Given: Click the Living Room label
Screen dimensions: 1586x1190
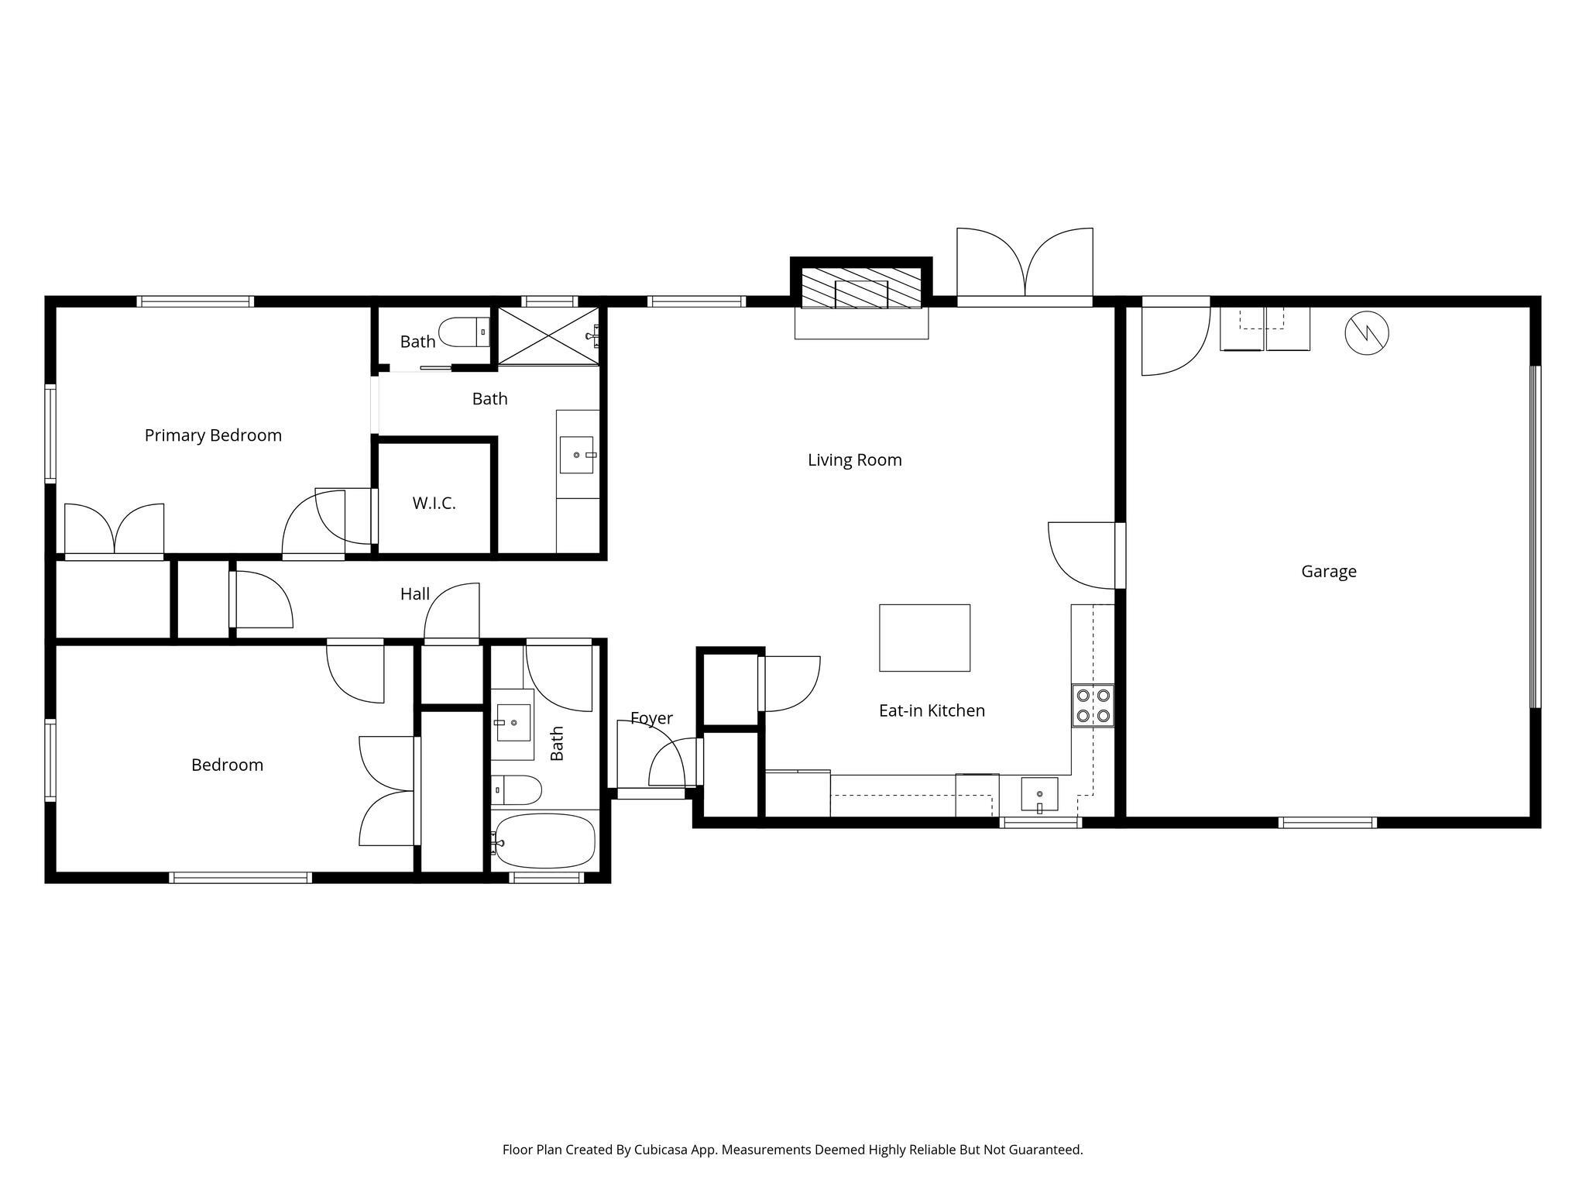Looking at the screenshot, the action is (x=855, y=460).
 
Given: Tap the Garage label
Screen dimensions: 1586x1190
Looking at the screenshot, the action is (x=1329, y=572).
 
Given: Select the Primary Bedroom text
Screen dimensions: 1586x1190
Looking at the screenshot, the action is (x=213, y=435).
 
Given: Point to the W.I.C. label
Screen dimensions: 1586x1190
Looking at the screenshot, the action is (x=434, y=504).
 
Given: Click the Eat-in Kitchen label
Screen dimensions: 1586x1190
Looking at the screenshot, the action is (x=932, y=710).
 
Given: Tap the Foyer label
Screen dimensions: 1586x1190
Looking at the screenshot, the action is (x=651, y=718).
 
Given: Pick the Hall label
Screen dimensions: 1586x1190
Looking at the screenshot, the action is (x=415, y=594).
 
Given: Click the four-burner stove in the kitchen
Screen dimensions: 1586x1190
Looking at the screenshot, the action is (x=1093, y=706).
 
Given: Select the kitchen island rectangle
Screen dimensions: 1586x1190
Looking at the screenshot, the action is (x=925, y=638).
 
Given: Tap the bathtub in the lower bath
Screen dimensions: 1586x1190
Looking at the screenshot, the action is (x=544, y=841).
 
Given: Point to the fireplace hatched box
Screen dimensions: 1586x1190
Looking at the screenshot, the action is (x=861, y=288).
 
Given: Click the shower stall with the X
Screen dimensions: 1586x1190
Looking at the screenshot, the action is (x=548, y=335).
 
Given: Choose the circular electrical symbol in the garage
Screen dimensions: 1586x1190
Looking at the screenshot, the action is (x=1367, y=334).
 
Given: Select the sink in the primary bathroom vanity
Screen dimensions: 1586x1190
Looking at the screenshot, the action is (x=577, y=455).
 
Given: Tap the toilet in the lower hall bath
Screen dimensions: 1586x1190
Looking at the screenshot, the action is (x=517, y=790).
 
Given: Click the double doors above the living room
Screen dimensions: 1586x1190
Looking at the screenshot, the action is (x=1025, y=263).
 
